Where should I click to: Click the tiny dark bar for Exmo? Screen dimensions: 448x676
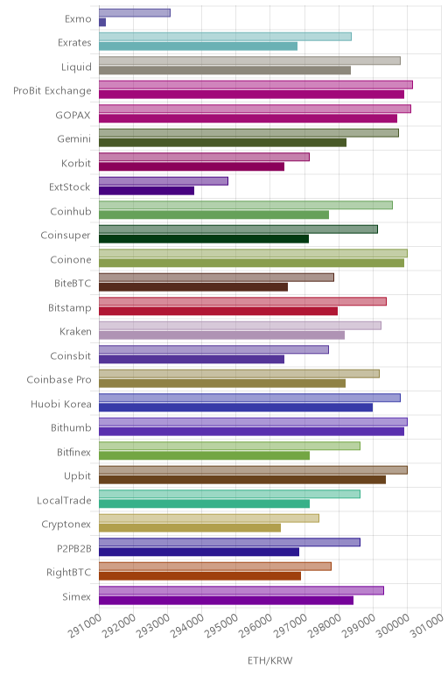(102, 23)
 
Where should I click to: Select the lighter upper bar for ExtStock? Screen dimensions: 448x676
(164, 181)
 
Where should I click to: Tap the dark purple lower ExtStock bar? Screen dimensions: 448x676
(146, 191)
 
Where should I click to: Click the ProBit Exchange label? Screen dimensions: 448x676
(52, 91)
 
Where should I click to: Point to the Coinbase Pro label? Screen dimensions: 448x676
(59, 380)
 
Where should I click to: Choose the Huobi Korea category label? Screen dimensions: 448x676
(61, 404)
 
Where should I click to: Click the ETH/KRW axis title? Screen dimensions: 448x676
(270, 660)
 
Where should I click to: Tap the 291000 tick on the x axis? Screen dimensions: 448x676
(85, 625)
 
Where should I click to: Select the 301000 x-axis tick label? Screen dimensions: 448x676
(427, 625)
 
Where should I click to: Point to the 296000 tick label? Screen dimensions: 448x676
(255, 625)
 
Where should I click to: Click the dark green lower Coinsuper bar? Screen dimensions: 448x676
(204, 239)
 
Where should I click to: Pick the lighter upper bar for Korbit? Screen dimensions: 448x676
(204, 157)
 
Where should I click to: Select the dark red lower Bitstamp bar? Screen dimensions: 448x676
(219, 311)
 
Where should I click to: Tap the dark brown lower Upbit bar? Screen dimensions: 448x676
(242, 479)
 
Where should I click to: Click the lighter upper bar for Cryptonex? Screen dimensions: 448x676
(209, 518)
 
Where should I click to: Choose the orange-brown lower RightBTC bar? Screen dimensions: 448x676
(199, 576)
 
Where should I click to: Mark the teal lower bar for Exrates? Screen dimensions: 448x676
(198, 46)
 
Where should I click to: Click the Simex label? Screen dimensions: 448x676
(77, 596)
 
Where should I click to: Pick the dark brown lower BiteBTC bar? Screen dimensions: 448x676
(193, 287)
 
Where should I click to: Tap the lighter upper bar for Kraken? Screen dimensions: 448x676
(240, 326)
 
